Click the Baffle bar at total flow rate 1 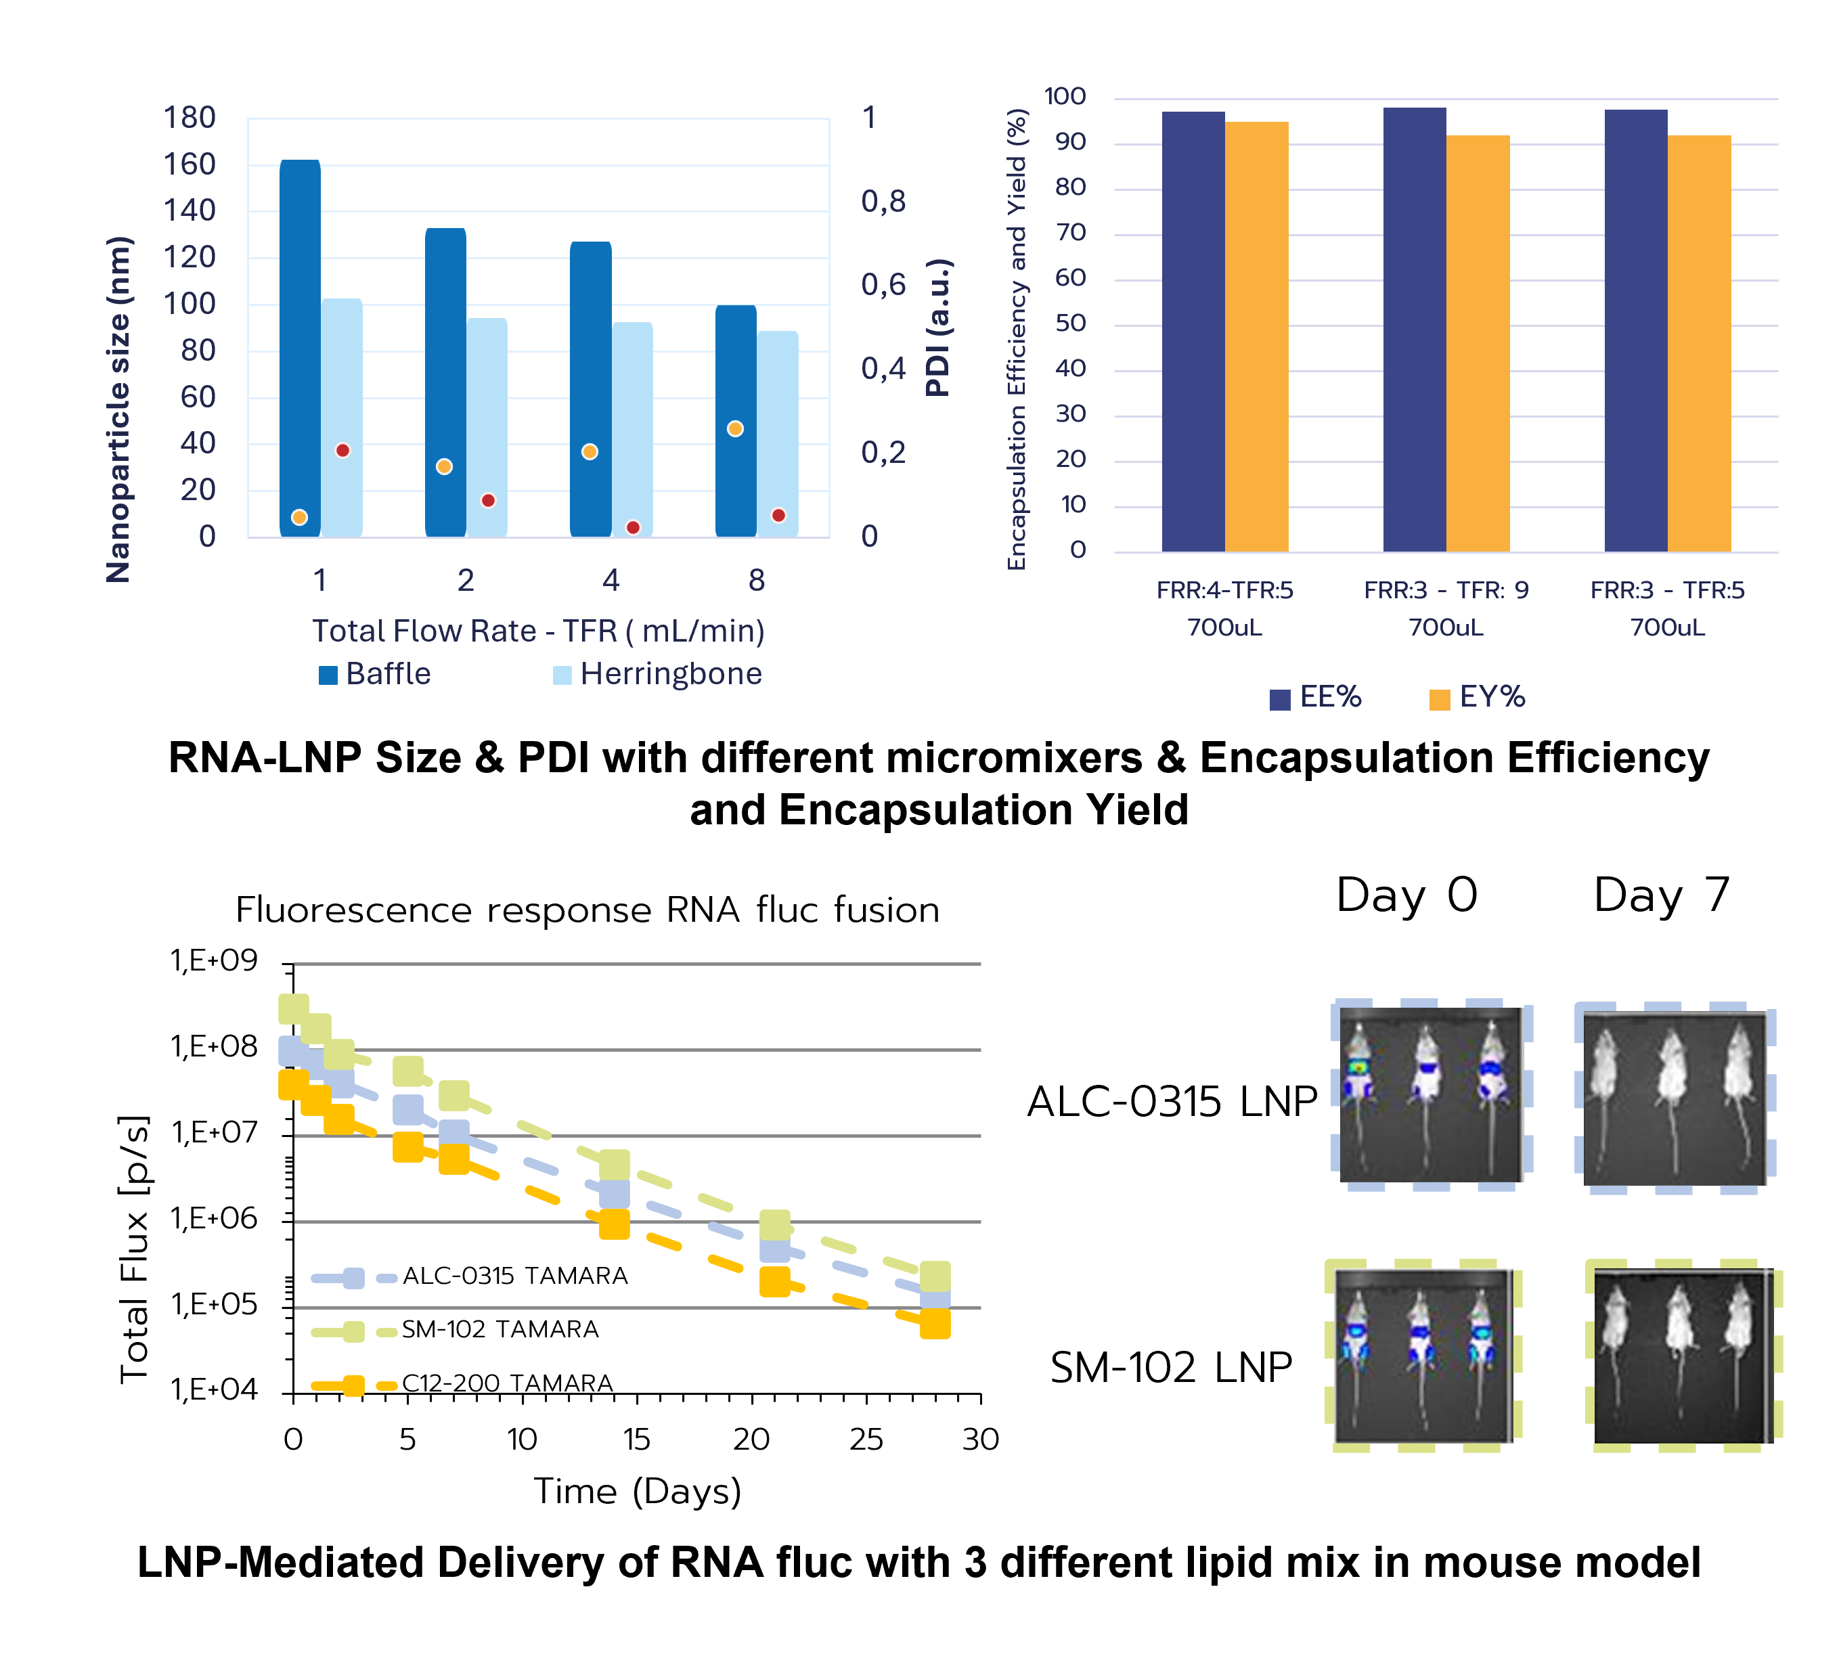pyautogui.click(x=299, y=347)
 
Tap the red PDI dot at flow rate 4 pyautogui.click(x=633, y=527)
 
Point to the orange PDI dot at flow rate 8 pyautogui.click(x=735, y=429)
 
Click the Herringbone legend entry pyautogui.click(x=657, y=674)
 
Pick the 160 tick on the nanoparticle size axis pyautogui.click(x=189, y=164)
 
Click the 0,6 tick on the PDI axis pyautogui.click(x=883, y=285)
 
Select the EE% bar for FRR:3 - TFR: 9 pyautogui.click(x=1414, y=328)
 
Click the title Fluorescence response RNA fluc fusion pyautogui.click(x=588, y=910)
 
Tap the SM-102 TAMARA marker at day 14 pyautogui.click(x=614, y=1165)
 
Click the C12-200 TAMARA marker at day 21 pyautogui.click(x=774, y=1280)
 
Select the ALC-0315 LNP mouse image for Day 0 pyautogui.click(x=1430, y=1094)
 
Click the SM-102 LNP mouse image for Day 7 pyautogui.click(x=1683, y=1356)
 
